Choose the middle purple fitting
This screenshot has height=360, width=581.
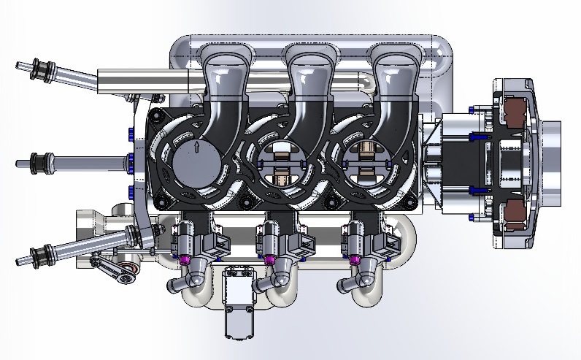pos(269,260)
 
